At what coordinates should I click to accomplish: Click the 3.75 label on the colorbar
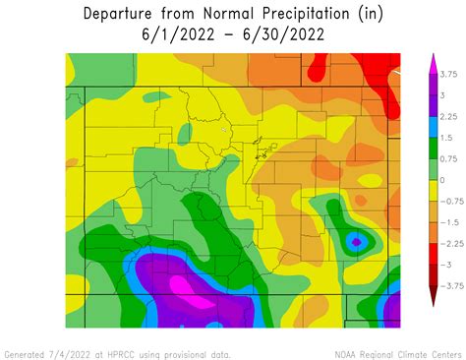448,74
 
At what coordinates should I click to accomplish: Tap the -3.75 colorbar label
449,286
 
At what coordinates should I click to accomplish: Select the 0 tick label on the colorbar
441,180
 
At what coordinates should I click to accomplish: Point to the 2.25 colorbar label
447,116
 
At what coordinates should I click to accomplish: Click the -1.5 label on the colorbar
447,222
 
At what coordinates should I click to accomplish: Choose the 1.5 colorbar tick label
444,138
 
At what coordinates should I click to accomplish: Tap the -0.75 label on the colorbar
449,202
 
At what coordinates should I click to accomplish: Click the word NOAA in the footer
347,353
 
